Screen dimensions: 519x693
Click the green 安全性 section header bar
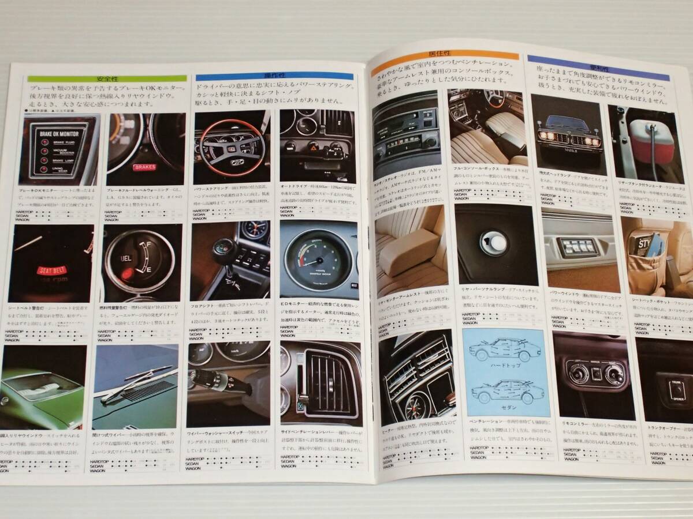[107, 78]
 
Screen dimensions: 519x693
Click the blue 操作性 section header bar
[274, 76]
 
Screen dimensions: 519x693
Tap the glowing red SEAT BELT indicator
[50, 269]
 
